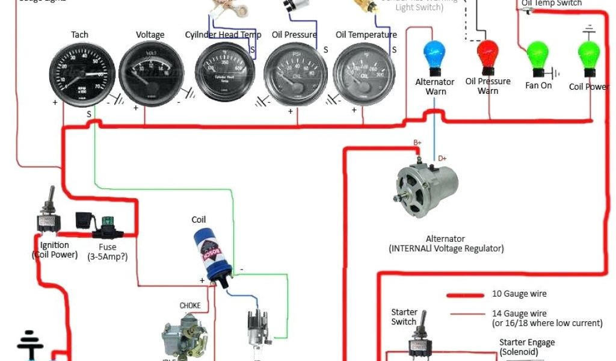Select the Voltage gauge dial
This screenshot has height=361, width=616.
point(150,75)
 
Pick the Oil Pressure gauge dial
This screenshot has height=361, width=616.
point(295,75)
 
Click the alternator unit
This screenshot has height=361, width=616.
point(427,187)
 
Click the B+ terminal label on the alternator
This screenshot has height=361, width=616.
point(417,143)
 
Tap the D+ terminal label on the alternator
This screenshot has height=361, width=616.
point(442,158)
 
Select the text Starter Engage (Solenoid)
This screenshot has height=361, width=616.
point(527,347)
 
